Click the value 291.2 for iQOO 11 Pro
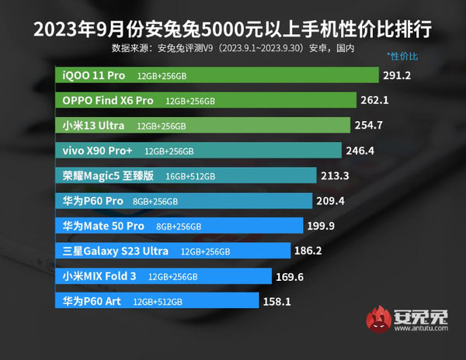[x=397, y=75]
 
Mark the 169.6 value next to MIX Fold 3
[x=290, y=275]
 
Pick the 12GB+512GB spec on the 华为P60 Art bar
[x=158, y=301]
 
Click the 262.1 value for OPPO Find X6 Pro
[x=375, y=100]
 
